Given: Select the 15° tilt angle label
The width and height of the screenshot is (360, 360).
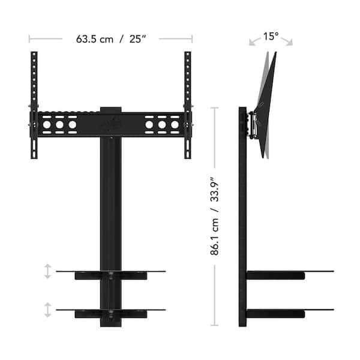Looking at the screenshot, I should (x=271, y=37).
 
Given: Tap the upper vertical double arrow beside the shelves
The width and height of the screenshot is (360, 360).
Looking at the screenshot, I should (x=47, y=272).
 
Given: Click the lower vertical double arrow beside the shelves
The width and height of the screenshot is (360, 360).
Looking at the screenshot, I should (x=47, y=310).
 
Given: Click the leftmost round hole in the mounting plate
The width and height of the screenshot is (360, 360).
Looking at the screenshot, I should (x=46, y=126).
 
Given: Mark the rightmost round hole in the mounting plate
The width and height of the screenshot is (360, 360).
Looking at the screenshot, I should (x=175, y=126).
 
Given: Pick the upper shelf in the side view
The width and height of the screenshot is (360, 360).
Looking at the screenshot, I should (x=288, y=274).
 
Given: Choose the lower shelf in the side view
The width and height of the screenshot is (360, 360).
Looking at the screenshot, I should (x=288, y=311).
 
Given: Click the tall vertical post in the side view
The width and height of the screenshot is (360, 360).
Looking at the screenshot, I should (x=242, y=216).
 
